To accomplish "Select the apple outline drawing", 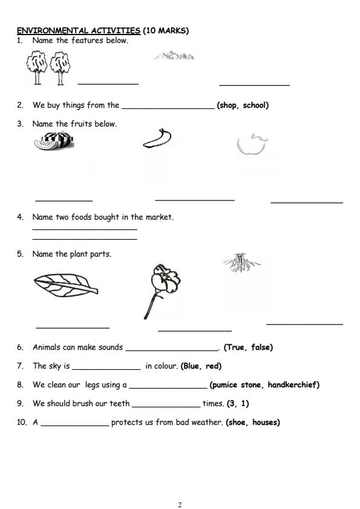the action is tap(250, 144).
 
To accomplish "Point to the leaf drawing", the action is tap(65, 284).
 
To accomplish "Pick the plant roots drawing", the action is tap(241, 262).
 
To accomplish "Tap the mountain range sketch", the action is tap(174, 56).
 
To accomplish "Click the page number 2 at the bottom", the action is tap(180, 504).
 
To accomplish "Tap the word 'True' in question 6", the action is tap(234, 347).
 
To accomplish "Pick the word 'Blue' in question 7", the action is tap(192, 366).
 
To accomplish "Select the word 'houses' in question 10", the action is tap(266, 422).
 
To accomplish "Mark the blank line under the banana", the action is tap(194, 199).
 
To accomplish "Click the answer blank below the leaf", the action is tap(73, 327).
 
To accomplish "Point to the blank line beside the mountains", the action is tap(254, 85).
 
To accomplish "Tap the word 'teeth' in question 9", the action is tap(119, 404).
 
